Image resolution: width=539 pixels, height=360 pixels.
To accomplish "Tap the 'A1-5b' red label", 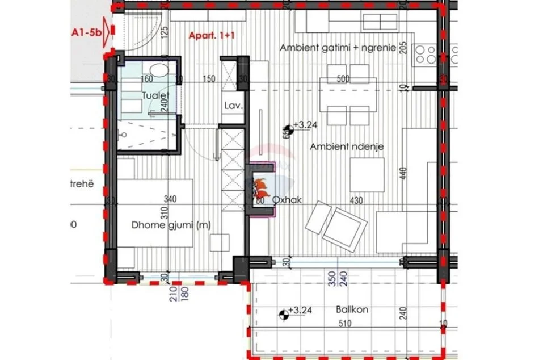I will coord(87,34).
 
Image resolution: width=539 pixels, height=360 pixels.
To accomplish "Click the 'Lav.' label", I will coord(233,106).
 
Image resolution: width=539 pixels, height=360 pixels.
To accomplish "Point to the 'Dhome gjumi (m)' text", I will coord(163,225).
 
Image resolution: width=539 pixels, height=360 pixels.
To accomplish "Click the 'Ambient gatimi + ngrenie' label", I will coord(338,48).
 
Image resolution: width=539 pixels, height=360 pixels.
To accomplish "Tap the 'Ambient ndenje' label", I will coord(347,146).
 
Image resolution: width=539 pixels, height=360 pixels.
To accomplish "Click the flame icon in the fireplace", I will coord(262,186).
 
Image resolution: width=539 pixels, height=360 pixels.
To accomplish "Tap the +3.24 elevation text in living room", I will coord(306,125).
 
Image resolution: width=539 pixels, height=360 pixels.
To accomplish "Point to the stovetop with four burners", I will coord(425,55).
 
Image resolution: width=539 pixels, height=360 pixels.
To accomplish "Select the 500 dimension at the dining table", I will coord(343,79).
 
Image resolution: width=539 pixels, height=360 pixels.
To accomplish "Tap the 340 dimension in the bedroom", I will coord(170,199).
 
